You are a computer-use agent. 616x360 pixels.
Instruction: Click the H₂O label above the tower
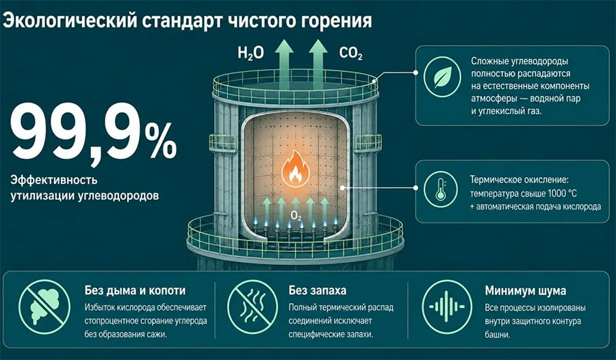tap(251, 53)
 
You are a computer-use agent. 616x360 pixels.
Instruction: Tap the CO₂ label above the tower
tap(350, 53)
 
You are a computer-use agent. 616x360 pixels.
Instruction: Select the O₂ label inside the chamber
tap(296, 216)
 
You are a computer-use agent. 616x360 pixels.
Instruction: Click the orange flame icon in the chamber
tap(296, 168)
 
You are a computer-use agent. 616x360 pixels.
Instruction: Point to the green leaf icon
tap(442, 77)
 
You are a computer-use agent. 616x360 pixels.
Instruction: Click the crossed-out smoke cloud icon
tap(44, 307)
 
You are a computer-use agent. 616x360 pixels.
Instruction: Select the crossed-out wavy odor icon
tap(253, 307)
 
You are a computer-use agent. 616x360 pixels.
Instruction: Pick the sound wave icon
tap(447, 307)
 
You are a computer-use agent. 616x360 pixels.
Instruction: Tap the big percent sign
tap(161, 140)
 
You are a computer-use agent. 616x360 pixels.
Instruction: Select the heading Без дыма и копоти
tap(135, 290)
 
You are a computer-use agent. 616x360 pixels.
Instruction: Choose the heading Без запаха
tap(318, 290)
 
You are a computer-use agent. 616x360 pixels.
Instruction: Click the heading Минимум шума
tap(525, 290)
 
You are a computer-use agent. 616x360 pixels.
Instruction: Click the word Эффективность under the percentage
tap(54, 181)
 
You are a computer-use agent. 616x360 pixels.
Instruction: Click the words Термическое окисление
tap(519, 180)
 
